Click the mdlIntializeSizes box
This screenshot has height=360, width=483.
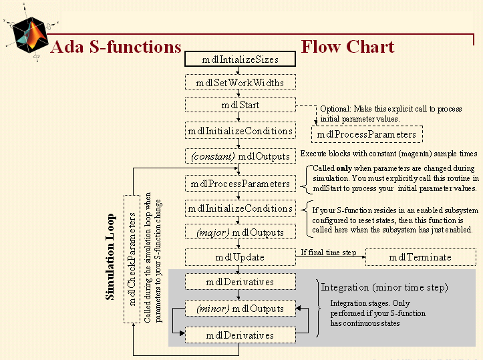click(x=240, y=59)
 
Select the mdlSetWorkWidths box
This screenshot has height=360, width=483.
click(x=240, y=83)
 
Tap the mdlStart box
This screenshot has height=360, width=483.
click(x=240, y=106)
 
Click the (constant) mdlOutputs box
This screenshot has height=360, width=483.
click(x=240, y=156)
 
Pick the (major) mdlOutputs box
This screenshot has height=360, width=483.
click(x=240, y=232)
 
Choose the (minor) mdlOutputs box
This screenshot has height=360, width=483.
click(x=240, y=309)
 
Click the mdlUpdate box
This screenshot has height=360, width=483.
click(x=240, y=257)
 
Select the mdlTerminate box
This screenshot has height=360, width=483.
click(x=421, y=257)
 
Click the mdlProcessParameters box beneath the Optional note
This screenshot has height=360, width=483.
click(x=366, y=134)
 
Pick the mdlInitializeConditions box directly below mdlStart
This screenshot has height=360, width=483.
click(x=240, y=131)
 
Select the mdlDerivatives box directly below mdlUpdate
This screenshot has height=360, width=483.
click(x=240, y=282)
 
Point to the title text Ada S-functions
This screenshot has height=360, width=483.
click(x=116, y=47)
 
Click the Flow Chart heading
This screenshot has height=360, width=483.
click(x=347, y=47)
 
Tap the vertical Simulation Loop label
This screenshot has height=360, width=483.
click(x=111, y=256)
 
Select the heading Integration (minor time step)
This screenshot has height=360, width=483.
click(x=385, y=287)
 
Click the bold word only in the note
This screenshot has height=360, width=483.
click(x=345, y=169)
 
